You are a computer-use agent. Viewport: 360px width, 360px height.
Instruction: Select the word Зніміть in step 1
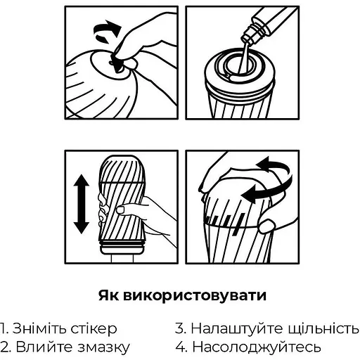[39, 328]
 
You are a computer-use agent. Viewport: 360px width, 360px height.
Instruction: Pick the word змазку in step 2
[103, 347]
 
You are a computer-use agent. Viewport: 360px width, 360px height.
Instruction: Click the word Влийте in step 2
[44, 347]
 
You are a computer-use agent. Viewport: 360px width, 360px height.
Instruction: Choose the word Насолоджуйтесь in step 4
[257, 347]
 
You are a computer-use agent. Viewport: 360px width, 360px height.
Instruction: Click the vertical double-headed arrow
[81, 204]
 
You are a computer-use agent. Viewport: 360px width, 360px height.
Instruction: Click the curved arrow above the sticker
[107, 30]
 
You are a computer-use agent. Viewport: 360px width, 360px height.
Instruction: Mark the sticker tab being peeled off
[117, 63]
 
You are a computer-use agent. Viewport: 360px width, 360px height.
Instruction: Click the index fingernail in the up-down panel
[120, 210]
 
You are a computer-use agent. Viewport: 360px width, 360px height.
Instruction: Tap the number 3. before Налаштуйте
[181, 328]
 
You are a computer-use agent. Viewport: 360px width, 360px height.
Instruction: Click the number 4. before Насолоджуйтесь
[181, 347]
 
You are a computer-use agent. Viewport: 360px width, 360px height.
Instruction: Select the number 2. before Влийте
[6, 347]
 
